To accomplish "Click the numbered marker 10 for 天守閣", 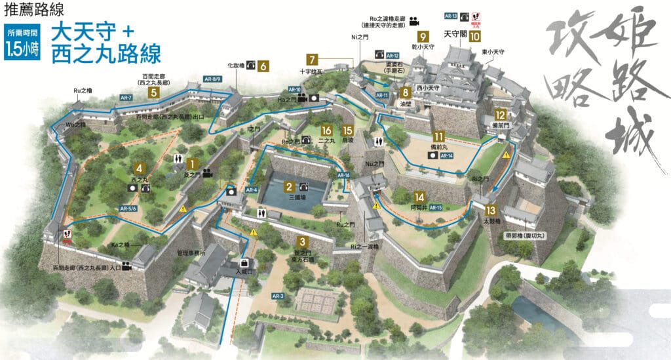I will click(474, 37).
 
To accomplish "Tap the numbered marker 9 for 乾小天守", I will click(423, 37).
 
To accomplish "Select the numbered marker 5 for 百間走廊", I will click(154, 92).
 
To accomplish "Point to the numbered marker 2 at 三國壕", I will click(289, 186).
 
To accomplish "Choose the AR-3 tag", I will click(278, 296).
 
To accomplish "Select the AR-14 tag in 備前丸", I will click(447, 155).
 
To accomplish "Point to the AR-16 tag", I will click(344, 176).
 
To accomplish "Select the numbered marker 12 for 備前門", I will click(500, 114).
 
